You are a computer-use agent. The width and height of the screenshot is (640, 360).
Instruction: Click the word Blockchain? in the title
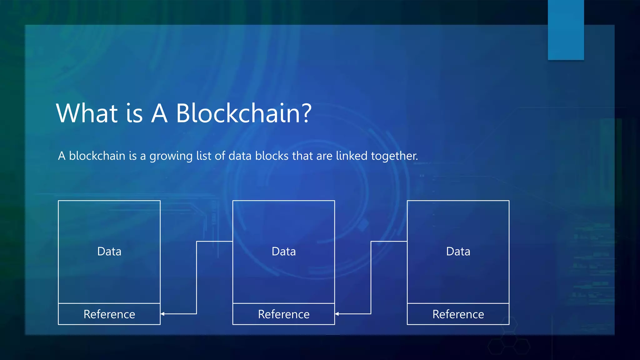(x=244, y=113)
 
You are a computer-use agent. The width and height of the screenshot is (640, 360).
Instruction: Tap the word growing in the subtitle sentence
(x=171, y=156)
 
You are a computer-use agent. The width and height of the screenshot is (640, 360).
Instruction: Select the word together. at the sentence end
(x=394, y=156)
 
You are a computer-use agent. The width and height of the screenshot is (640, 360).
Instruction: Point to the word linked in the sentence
(x=351, y=156)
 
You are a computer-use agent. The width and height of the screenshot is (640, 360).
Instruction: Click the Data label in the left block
(x=109, y=252)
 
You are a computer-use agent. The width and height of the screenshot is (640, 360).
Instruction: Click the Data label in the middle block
(x=283, y=252)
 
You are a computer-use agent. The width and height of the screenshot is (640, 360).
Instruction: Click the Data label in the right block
(x=458, y=252)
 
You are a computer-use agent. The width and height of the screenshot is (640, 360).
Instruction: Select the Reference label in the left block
(x=109, y=314)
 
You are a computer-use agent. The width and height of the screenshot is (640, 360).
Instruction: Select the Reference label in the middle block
(x=283, y=314)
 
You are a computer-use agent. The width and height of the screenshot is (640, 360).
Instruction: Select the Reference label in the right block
(x=458, y=314)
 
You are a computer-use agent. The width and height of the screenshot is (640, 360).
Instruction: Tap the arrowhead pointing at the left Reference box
(x=163, y=314)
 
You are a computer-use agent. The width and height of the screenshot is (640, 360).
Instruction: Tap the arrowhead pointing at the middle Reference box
(x=337, y=314)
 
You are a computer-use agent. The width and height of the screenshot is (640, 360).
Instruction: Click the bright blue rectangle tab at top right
(x=566, y=30)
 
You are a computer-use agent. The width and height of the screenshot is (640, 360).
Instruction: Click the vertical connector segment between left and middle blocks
(x=197, y=277)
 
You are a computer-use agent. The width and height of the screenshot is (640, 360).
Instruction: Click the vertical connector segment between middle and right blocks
(x=371, y=277)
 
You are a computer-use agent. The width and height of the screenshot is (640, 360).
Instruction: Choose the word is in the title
(x=134, y=113)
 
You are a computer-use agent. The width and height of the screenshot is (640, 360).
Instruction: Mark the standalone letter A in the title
(x=159, y=113)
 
